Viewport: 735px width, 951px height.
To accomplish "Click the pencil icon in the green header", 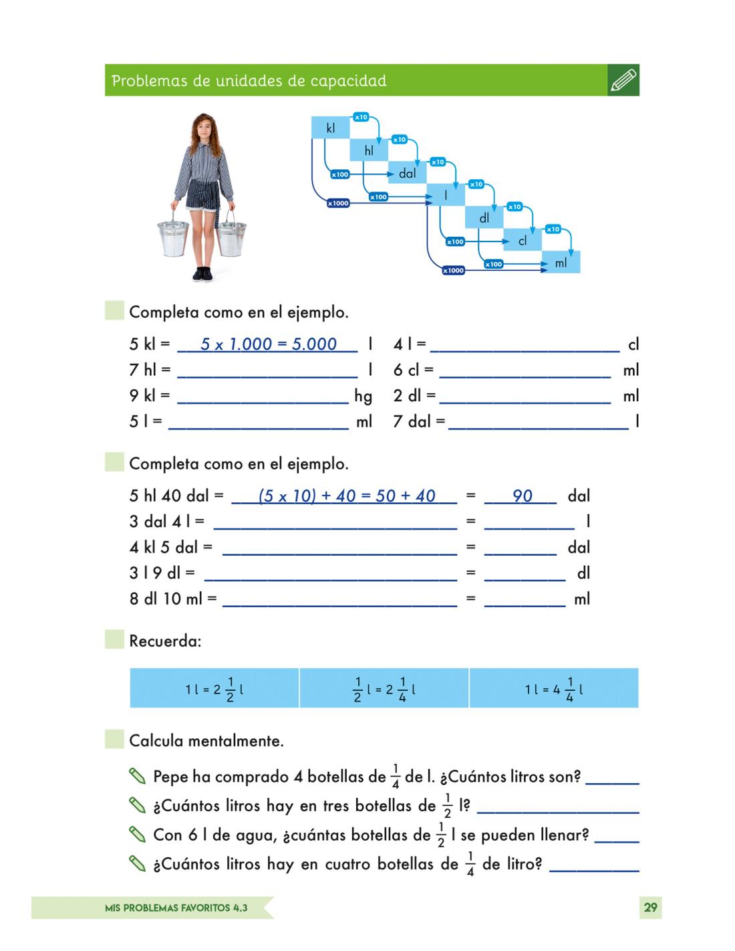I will point(623,80).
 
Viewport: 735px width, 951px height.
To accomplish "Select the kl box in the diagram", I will point(330,128).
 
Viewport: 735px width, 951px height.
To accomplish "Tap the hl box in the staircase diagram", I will point(369,150).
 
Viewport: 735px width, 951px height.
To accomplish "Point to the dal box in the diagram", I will point(407,173).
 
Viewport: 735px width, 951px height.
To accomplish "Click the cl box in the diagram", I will point(523,241).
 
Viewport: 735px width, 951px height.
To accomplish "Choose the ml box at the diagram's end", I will point(561,263).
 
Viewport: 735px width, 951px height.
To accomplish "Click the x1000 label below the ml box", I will point(453,270).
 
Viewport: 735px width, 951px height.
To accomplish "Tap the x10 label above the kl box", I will point(361,117).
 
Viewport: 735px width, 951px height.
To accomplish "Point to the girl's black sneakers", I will point(202,274).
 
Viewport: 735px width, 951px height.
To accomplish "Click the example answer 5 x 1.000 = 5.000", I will point(268,344).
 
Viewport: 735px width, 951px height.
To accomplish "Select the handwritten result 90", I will point(522,496).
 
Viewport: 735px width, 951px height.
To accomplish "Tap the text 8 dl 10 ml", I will point(165,599).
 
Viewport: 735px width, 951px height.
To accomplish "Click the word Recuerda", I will point(164,641).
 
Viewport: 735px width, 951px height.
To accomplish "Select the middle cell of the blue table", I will point(384,688).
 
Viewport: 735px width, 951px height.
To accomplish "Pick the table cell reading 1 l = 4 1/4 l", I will point(554,688).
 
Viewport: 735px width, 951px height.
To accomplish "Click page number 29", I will point(650,908).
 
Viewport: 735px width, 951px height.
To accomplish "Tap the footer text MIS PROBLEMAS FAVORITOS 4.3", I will point(176,908).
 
